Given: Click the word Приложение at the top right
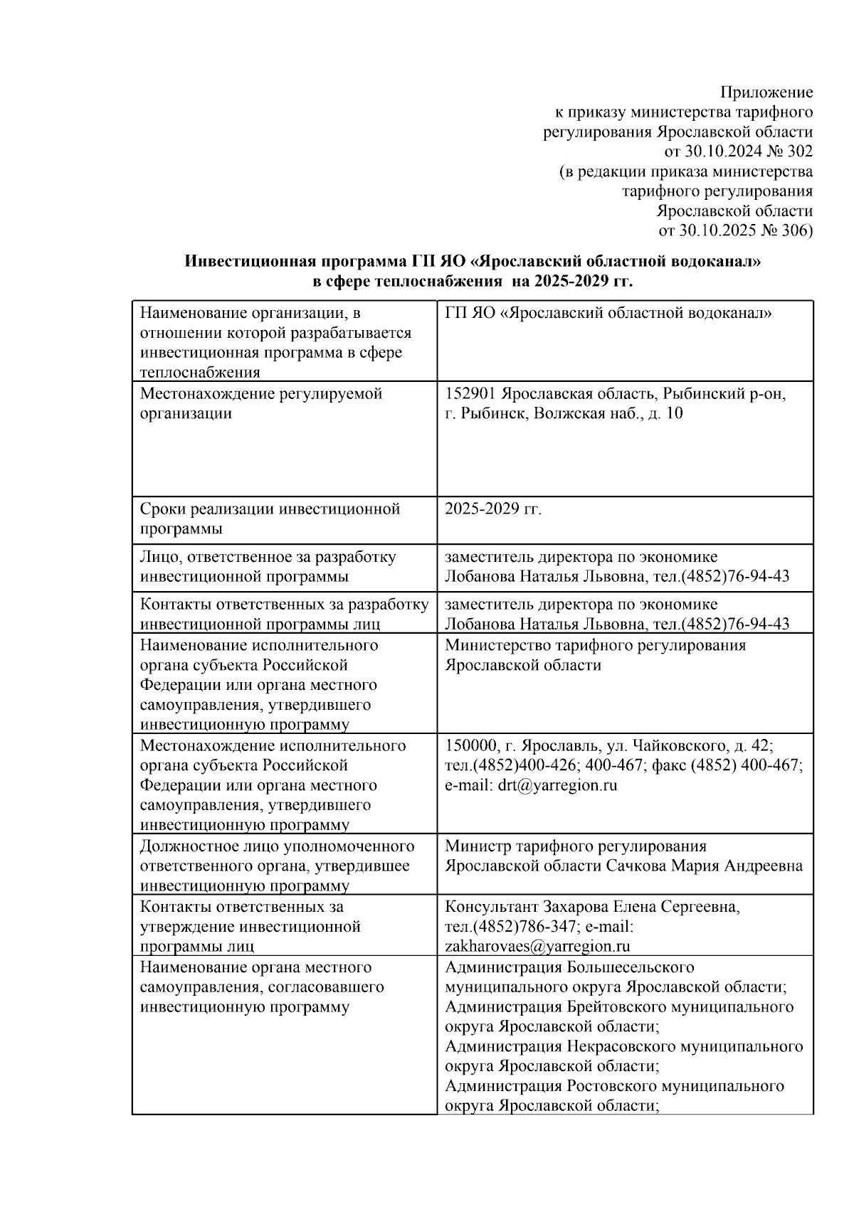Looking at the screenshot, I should (x=766, y=92).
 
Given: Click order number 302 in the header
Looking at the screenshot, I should (x=800, y=151).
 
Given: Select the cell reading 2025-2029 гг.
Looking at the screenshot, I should (x=493, y=509).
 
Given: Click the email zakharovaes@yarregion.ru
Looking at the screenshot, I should (x=538, y=947).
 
